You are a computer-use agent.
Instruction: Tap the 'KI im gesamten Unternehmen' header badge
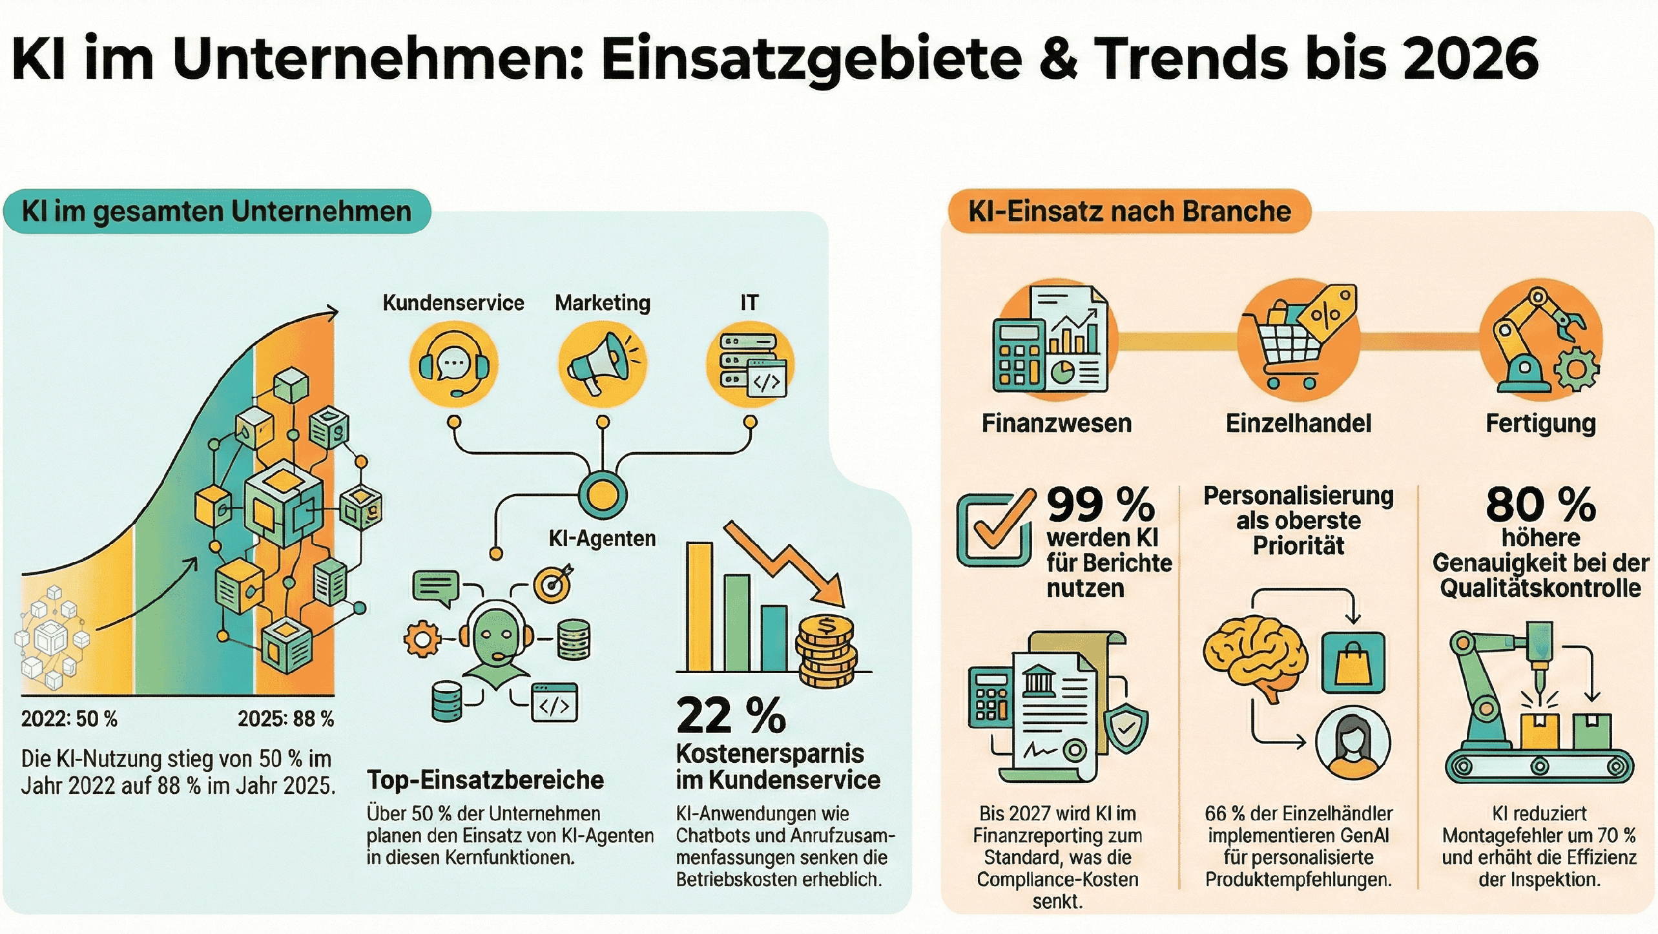216,211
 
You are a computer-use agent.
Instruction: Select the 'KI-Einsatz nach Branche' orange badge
1129,211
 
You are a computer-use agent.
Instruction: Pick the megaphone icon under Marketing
602,364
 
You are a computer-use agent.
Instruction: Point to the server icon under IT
751,364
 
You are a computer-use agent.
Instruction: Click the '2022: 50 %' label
69,719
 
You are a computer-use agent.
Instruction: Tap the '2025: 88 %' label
285,719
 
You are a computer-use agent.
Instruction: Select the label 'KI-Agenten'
602,538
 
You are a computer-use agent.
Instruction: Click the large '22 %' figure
731,716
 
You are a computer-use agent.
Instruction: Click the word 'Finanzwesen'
1057,424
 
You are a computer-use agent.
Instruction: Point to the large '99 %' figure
1101,504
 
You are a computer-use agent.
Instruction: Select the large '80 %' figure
1540,504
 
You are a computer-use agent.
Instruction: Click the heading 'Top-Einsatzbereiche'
485,780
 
